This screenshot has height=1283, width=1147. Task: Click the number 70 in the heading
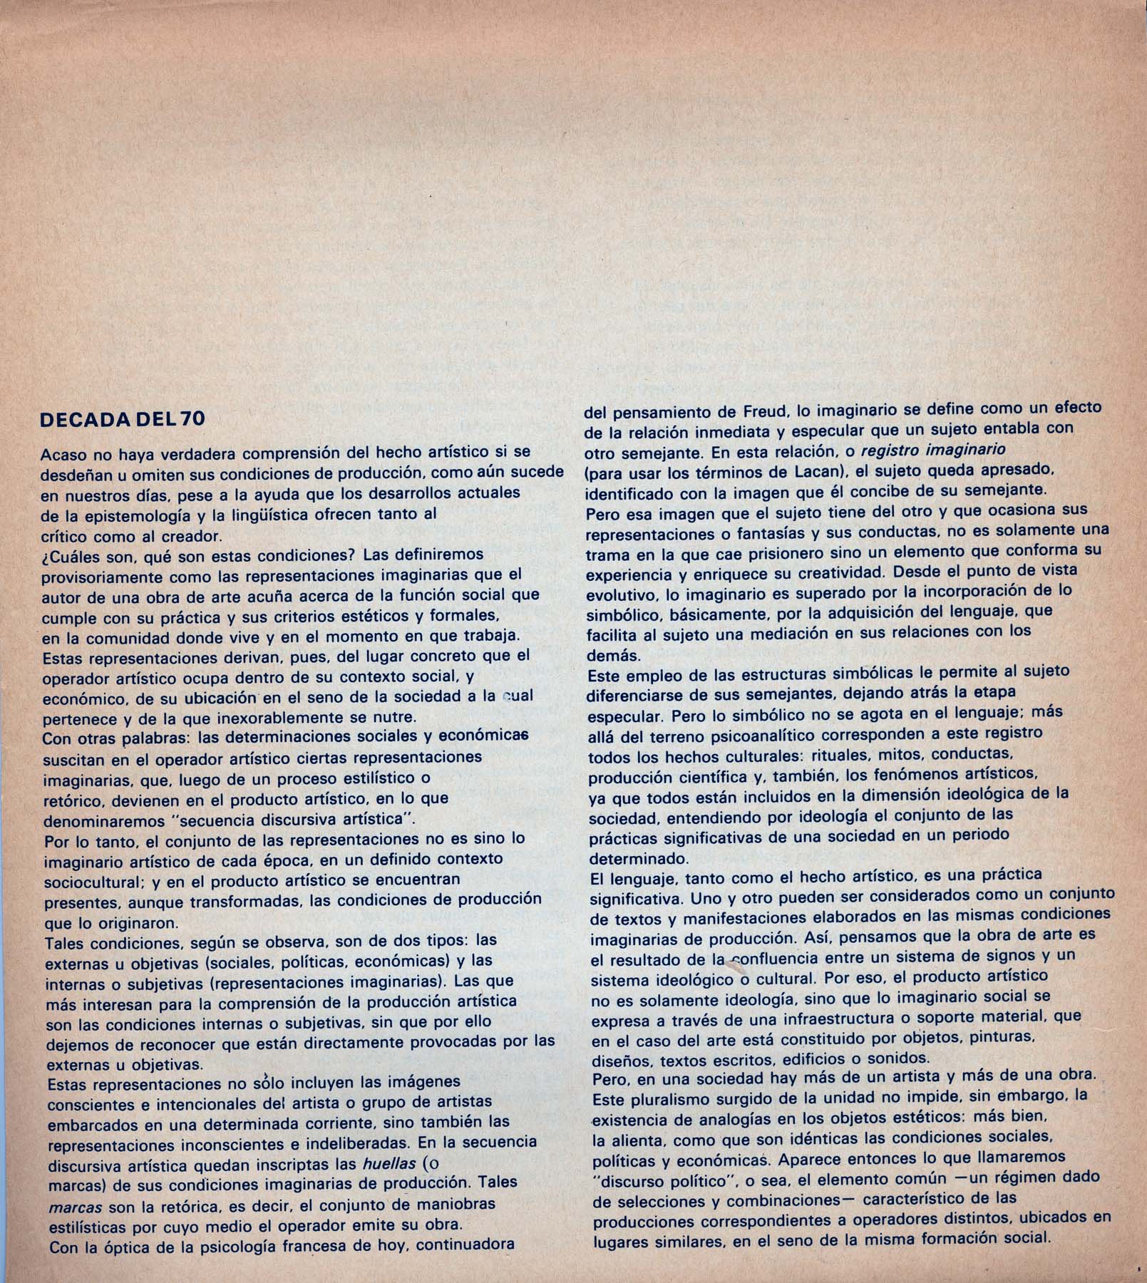click(192, 419)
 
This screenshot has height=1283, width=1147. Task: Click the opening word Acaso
click(63, 453)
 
